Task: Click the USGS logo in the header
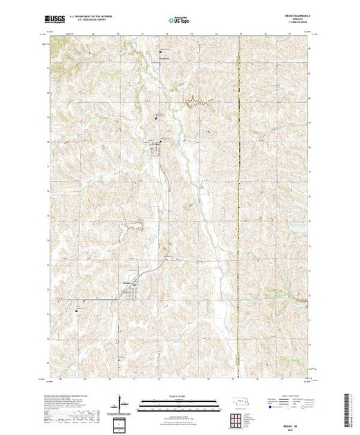[x=55, y=21]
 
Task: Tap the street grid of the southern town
[x=131, y=289]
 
